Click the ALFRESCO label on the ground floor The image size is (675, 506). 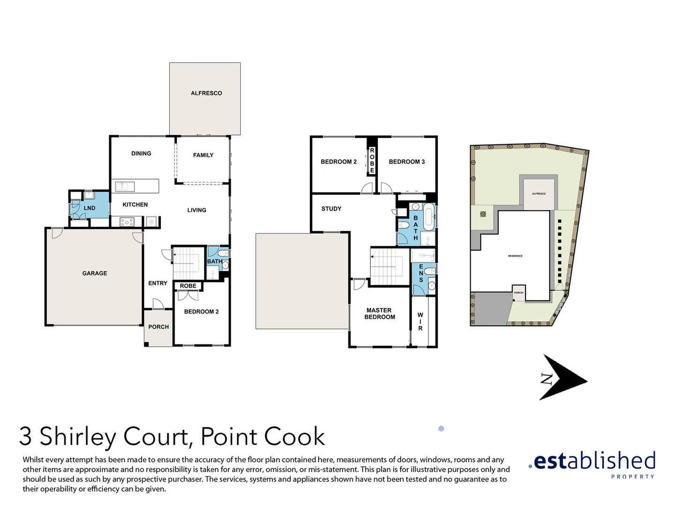(x=206, y=93)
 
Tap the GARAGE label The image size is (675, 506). (x=95, y=273)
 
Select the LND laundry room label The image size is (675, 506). (x=90, y=208)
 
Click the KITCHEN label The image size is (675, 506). (x=135, y=205)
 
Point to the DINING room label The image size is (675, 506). (x=141, y=154)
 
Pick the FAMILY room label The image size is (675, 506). (x=203, y=155)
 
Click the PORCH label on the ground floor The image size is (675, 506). (x=158, y=327)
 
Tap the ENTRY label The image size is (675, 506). (x=157, y=283)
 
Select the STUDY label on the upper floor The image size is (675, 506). (x=331, y=209)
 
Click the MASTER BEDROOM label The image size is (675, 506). (x=379, y=313)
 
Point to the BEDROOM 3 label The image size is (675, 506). (x=406, y=162)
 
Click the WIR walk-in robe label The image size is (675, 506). (x=420, y=322)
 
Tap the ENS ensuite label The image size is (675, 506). (x=421, y=273)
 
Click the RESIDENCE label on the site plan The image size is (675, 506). (x=515, y=256)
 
